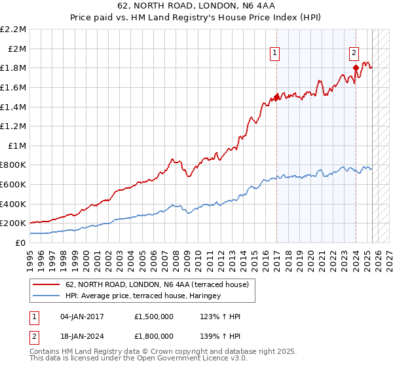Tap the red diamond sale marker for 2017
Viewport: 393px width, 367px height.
(276, 98)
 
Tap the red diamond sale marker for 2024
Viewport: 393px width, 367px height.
(356, 68)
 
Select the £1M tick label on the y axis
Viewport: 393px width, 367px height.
(18, 145)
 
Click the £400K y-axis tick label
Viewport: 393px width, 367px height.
(14, 204)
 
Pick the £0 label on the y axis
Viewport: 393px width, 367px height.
(22, 242)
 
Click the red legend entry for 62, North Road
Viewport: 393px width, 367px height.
(157, 285)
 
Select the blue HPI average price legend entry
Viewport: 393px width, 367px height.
(143, 296)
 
